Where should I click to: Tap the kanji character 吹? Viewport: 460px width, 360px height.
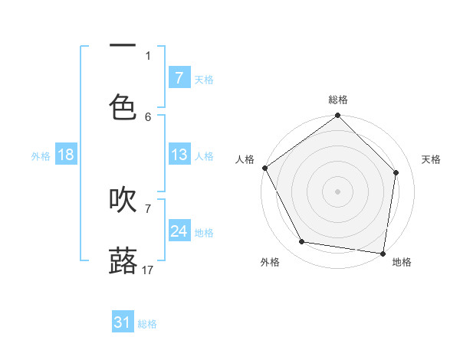click(123, 200)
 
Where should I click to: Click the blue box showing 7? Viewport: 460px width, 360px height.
click(179, 78)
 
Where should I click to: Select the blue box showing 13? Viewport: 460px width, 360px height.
click(179, 155)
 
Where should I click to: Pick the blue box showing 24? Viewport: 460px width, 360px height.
click(179, 231)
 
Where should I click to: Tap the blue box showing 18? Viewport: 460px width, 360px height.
click(66, 155)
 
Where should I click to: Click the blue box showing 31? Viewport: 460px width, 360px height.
click(123, 322)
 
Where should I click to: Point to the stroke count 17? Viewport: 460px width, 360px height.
click(148, 270)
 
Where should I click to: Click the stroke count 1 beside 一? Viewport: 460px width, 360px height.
click(148, 55)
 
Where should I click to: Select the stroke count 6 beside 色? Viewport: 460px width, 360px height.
click(148, 116)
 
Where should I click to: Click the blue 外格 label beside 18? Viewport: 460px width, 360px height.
click(41, 155)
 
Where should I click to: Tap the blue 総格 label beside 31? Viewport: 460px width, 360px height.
click(147, 324)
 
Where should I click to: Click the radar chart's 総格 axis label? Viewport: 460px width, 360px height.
click(338, 100)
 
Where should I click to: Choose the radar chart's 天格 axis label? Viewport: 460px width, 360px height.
click(431, 159)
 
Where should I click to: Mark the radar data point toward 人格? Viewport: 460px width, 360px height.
click(265, 168)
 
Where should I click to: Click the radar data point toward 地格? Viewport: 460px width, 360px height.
click(383, 253)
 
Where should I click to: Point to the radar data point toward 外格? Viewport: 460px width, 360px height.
click(302, 242)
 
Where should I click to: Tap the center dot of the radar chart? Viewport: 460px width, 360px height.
click(338, 191)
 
